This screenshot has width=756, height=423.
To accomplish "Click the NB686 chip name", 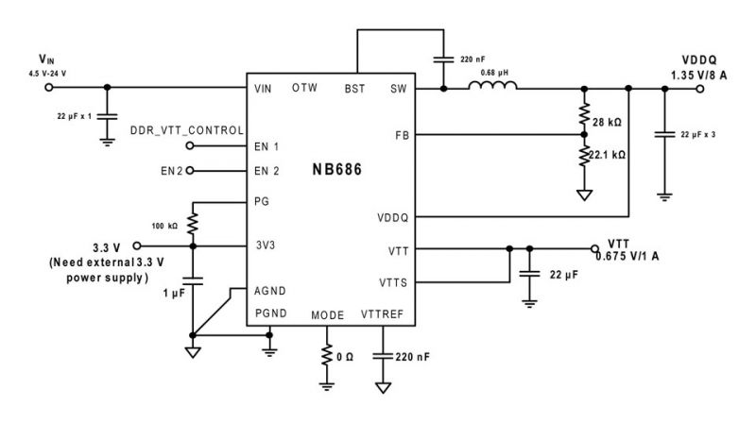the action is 337,170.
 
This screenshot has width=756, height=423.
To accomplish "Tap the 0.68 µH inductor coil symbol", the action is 492,85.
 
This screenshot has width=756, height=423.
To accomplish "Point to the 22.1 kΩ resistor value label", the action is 607,155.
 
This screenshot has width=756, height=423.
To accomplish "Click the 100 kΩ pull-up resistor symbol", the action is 193,224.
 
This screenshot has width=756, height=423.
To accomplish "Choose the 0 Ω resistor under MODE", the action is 327,355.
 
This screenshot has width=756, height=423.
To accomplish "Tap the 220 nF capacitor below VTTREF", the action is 383,357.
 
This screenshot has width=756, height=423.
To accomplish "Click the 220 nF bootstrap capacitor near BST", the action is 443,59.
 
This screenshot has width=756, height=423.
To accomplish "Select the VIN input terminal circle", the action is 49,87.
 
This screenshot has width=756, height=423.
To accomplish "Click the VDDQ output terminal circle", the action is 700,89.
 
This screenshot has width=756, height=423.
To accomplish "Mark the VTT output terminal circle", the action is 594,248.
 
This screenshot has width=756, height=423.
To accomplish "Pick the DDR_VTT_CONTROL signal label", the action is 187,130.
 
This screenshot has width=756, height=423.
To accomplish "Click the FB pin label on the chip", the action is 403,136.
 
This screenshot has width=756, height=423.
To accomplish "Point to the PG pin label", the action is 262,201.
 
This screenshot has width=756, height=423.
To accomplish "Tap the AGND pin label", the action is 270,291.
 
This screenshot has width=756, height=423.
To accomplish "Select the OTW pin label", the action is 304,88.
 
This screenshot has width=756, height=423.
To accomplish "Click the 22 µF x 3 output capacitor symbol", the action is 664,134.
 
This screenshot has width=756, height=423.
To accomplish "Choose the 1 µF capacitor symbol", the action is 193,280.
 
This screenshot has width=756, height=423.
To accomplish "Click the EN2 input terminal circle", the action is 190,171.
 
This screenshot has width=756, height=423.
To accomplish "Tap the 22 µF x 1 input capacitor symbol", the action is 107,116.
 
